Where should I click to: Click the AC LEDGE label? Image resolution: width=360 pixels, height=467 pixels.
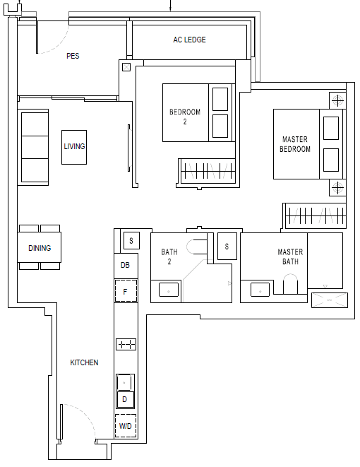pyautogui.click(x=189, y=40)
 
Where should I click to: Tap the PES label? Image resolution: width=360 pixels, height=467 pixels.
pyautogui.click(x=73, y=56)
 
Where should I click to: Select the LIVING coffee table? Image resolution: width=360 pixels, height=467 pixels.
pyautogui.click(x=74, y=147)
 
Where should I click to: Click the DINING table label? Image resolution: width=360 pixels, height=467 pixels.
pyautogui.click(x=40, y=248)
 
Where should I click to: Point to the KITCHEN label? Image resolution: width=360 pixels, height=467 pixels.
pyautogui.click(x=84, y=362)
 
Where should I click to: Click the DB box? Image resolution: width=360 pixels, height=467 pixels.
pyautogui.click(x=126, y=266)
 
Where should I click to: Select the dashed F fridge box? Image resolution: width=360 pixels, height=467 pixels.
pyautogui.click(x=126, y=291)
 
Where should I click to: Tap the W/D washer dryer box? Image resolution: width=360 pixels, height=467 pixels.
pyautogui.click(x=126, y=426)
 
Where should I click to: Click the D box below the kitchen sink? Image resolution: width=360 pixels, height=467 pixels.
pyautogui.click(x=125, y=399)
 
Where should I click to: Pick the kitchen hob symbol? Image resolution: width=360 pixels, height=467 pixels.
pyautogui.click(x=126, y=344)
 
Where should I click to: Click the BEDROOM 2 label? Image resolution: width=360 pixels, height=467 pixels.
pyautogui.click(x=185, y=117)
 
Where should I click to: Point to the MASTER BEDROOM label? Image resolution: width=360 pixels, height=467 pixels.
pyautogui.click(x=295, y=144)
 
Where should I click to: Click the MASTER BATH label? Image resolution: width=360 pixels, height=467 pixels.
pyautogui.click(x=290, y=256)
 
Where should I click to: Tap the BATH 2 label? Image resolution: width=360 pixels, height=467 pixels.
pyautogui.click(x=169, y=256)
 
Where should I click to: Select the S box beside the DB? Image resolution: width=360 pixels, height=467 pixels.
pyautogui.click(x=131, y=240)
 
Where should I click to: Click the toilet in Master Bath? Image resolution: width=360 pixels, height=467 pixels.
pyautogui.click(x=290, y=284)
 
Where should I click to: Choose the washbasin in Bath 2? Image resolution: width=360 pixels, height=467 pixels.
pyautogui.click(x=169, y=290)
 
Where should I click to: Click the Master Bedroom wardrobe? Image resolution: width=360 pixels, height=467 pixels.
pyautogui.click(x=315, y=215)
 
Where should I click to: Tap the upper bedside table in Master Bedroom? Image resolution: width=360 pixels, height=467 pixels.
pyautogui.click(x=337, y=100)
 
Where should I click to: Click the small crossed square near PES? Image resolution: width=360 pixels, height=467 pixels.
pyautogui.click(x=126, y=67)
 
